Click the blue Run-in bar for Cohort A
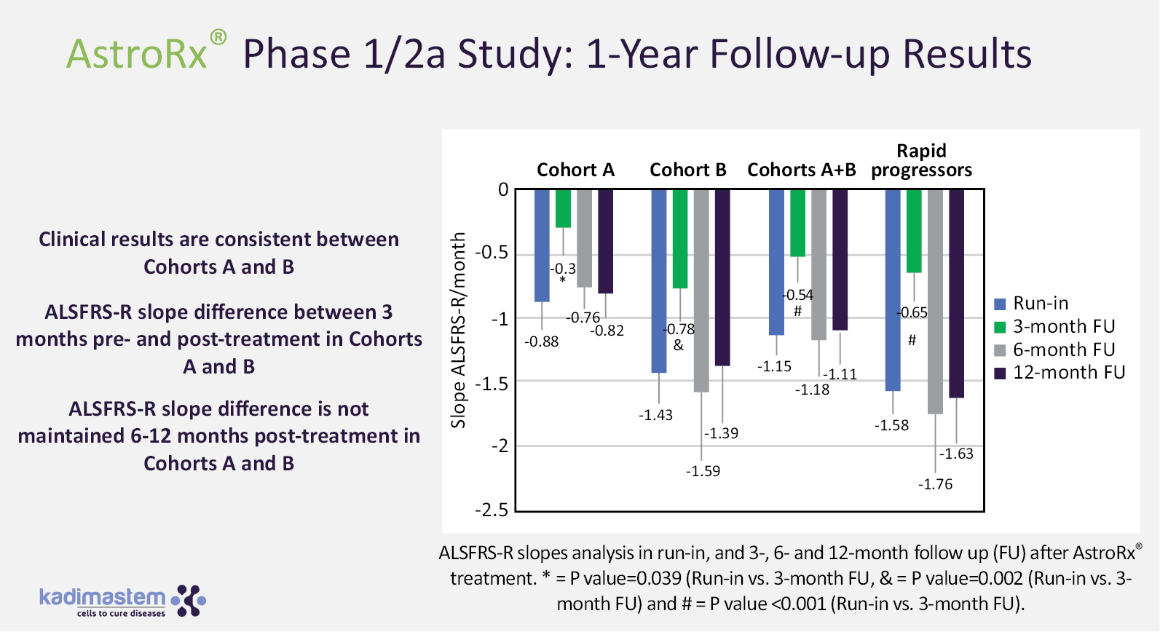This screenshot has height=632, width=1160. [x=542, y=245]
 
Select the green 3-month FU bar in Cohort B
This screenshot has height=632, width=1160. [x=680, y=239]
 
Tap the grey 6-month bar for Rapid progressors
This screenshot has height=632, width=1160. [x=935, y=301]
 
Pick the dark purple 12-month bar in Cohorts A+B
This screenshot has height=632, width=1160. [x=840, y=260]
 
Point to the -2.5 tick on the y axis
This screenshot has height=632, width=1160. [x=492, y=510]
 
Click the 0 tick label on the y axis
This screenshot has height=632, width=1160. [x=503, y=190]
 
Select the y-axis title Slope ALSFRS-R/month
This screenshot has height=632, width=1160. [x=458, y=330]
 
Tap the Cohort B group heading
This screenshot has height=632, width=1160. [x=688, y=170]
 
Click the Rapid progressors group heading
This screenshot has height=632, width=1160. [x=921, y=160]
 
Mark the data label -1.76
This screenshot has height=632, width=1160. [x=935, y=485]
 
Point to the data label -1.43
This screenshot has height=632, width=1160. [x=655, y=415]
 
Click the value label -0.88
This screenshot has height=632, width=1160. [x=542, y=341]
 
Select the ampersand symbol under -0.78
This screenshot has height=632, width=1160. [x=679, y=345]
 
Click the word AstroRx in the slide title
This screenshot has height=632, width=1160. [x=138, y=55]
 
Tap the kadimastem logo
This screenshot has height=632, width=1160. [x=122, y=601]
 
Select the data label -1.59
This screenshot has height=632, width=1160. [x=703, y=471]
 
